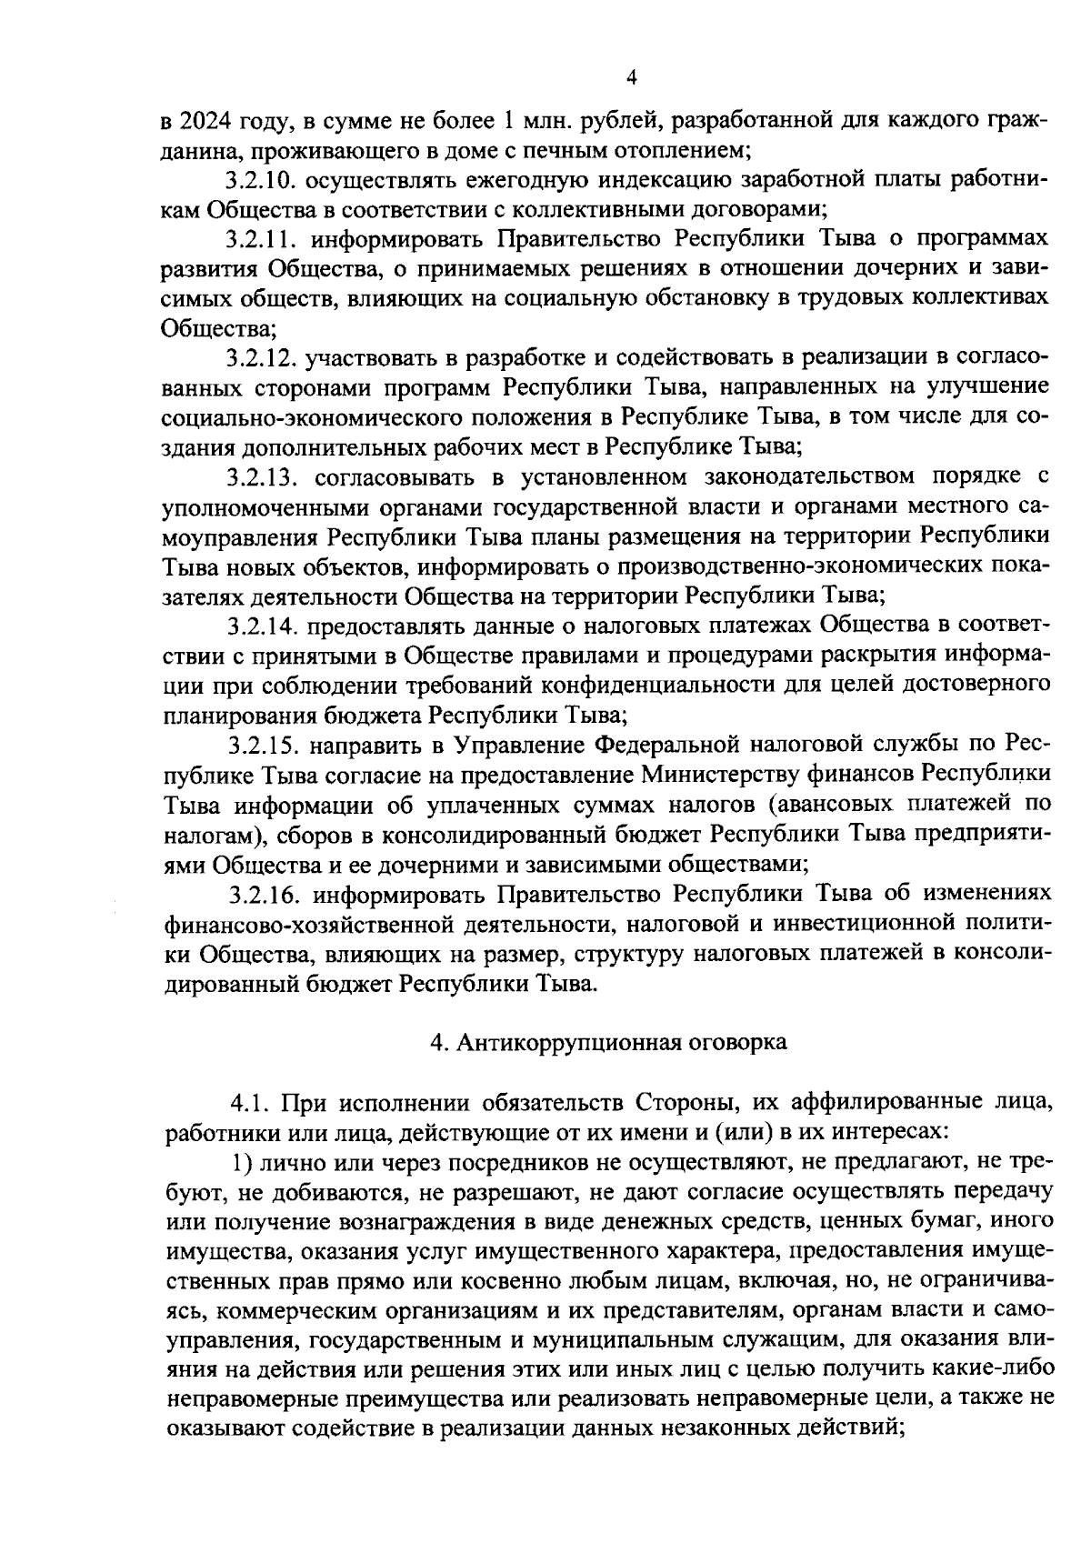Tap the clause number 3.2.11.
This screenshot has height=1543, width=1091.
263,239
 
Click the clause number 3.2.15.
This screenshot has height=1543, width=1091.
264,744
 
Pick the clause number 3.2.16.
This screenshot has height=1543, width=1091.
264,894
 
